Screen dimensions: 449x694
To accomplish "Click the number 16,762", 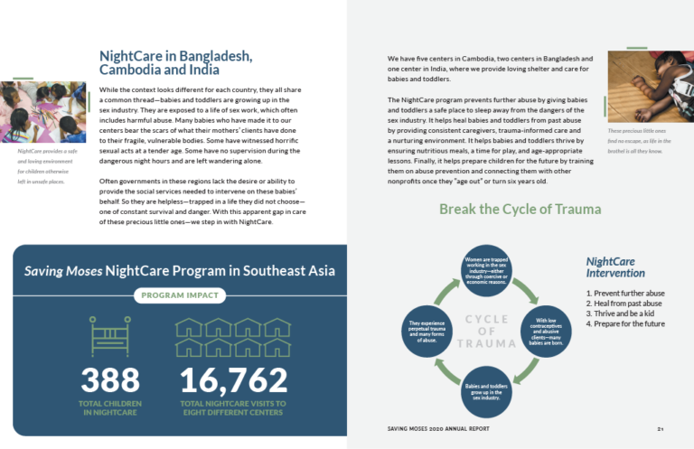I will [x=234, y=379].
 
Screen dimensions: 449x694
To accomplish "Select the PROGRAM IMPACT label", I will [x=180, y=295].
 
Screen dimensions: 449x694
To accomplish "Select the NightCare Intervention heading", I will [x=615, y=267].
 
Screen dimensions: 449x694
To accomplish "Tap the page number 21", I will [x=661, y=430].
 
